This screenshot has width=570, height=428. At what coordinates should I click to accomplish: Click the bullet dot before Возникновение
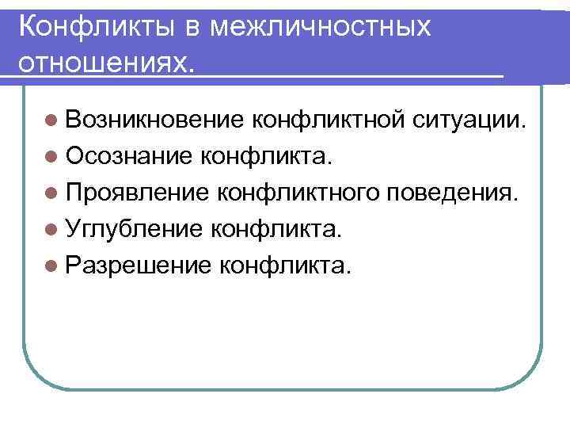coord(51,121)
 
